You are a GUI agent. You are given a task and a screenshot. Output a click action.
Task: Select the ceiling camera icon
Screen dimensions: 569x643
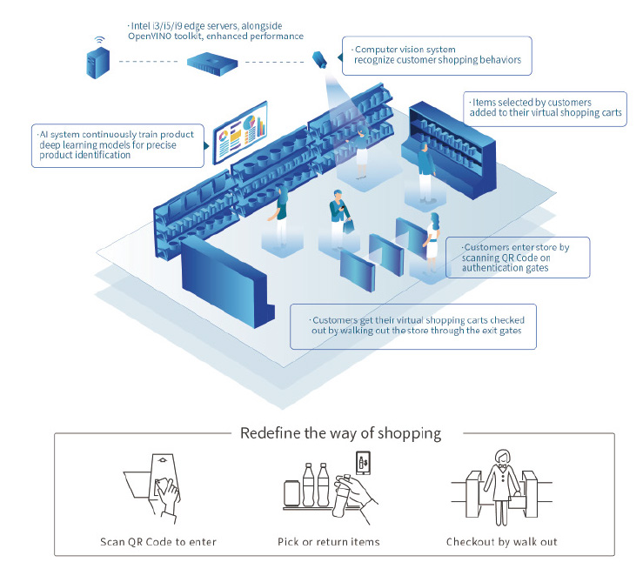click(x=319, y=60)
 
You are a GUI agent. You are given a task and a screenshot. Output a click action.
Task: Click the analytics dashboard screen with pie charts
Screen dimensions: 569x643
click(x=236, y=135)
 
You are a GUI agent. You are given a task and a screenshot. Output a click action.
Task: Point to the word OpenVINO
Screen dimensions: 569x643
click(x=148, y=37)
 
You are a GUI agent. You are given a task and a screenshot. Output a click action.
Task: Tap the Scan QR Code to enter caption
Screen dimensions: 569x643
click(x=157, y=542)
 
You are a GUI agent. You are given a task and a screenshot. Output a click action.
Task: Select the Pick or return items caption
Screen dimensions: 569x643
click(x=330, y=542)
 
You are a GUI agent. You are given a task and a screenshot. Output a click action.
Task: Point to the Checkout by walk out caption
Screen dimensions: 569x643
click(x=502, y=542)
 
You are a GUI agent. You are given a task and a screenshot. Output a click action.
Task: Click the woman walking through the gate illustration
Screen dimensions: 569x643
click(x=503, y=487)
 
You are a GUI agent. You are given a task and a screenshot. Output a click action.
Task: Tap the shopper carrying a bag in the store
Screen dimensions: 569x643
click(x=338, y=217)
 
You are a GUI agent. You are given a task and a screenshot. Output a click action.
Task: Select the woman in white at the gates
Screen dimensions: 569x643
click(x=432, y=238)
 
